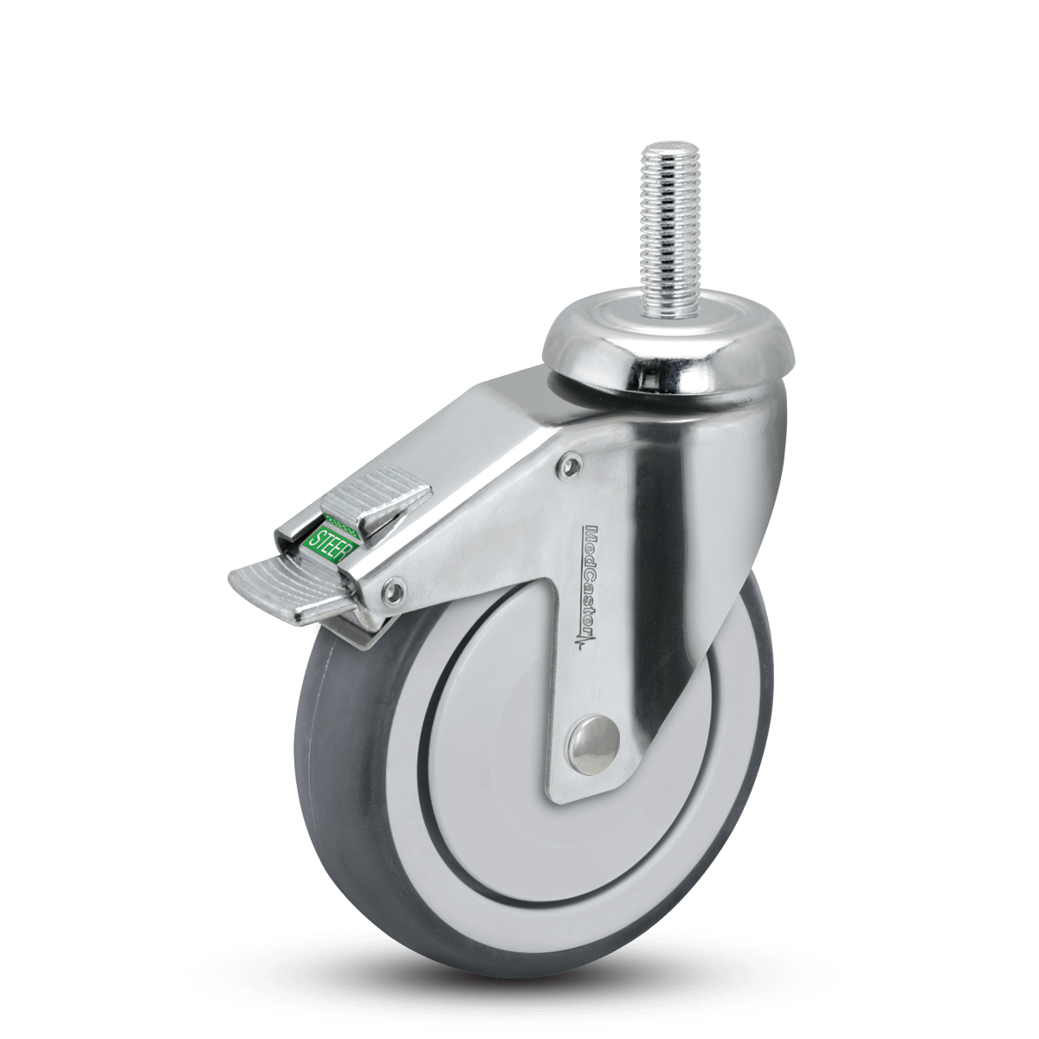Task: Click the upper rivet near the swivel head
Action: [567, 467]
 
